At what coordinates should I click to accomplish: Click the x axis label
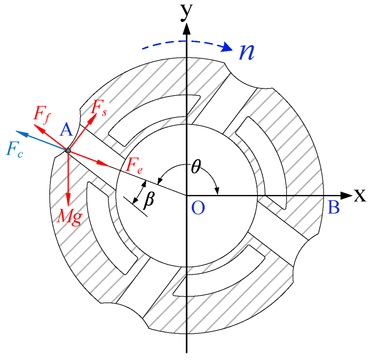tap(360, 196)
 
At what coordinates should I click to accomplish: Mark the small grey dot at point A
tap(68, 151)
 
